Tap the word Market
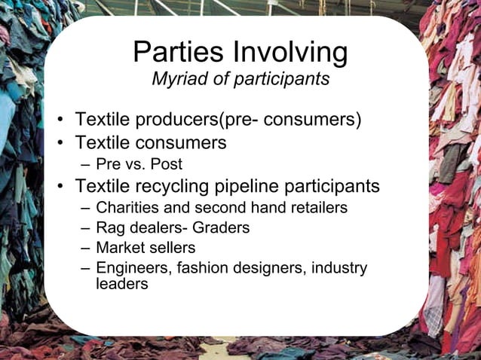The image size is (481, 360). click(120, 247)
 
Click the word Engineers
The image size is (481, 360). click(130, 268)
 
